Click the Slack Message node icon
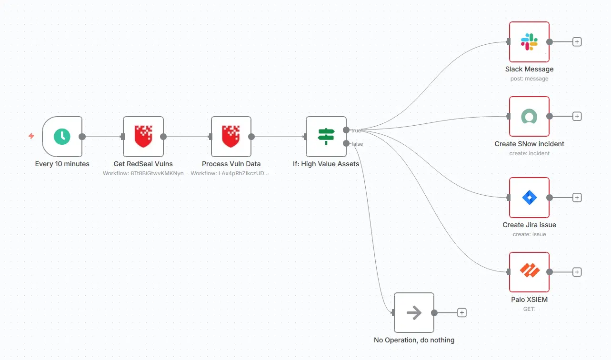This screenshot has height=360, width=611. click(529, 42)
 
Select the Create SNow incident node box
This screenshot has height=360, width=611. click(529, 116)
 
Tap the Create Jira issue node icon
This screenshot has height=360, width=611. click(529, 197)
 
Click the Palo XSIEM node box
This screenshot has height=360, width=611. click(529, 272)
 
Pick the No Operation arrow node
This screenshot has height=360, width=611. click(414, 313)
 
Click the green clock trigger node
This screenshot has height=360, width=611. click(62, 137)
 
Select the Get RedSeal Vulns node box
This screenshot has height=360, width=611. click(143, 137)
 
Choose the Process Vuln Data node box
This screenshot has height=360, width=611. click(231, 137)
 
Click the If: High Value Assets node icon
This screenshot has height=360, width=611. click(326, 137)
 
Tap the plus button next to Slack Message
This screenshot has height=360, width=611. click(577, 42)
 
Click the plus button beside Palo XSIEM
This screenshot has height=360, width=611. click(577, 272)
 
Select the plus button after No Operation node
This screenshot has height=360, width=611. click(461, 313)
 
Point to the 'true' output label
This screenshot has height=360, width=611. click(356, 130)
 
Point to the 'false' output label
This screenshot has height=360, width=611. click(357, 144)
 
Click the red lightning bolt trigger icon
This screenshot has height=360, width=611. click(31, 136)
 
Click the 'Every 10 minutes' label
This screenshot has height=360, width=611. click(62, 164)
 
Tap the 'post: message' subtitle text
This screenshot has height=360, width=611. click(529, 79)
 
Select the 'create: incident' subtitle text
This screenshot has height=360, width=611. click(529, 153)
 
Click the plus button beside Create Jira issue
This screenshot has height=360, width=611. click(577, 197)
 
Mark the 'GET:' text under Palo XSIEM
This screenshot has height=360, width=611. click(529, 309)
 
